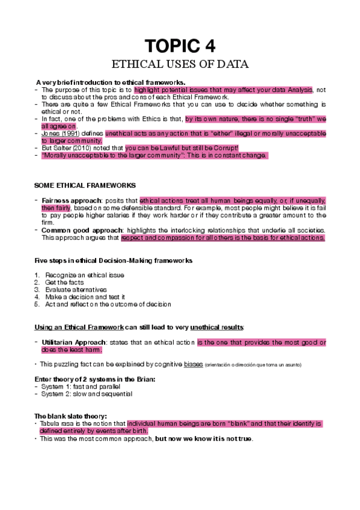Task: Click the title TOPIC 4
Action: click(180, 46)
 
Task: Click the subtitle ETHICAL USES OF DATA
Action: click(180, 64)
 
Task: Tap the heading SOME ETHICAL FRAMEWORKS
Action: click(85, 185)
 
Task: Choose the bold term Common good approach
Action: click(79, 230)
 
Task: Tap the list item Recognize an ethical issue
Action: click(84, 275)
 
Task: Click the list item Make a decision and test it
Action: click(85, 296)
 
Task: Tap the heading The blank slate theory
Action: click(71, 416)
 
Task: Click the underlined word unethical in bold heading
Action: click(206, 327)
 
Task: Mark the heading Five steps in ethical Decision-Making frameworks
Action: click(113, 260)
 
